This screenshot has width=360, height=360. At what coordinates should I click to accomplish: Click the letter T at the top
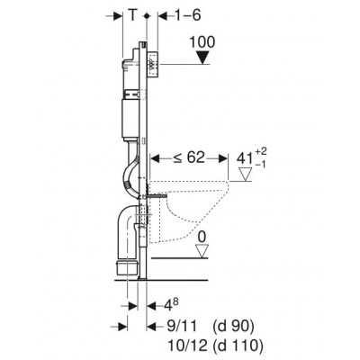tap(132, 15)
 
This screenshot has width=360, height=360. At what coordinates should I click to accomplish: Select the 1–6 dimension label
tap(187, 15)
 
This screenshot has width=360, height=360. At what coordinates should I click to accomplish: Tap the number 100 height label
tap(202, 42)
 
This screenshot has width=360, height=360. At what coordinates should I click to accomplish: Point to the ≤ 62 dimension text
tap(188, 157)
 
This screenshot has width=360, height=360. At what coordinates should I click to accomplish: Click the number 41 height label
tap(245, 158)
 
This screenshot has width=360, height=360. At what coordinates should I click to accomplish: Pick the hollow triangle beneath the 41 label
tap(246, 175)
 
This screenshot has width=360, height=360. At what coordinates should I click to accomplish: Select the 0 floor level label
tap(202, 238)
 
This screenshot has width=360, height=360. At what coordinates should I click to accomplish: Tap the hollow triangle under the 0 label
tap(202, 251)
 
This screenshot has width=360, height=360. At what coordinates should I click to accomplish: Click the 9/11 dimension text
tap(182, 327)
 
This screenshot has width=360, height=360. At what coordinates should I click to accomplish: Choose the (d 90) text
tap(234, 327)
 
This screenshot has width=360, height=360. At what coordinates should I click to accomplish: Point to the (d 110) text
tap(238, 346)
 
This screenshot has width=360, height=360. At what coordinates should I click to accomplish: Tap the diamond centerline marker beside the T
tap(147, 15)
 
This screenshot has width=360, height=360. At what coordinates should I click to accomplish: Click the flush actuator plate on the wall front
tap(153, 66)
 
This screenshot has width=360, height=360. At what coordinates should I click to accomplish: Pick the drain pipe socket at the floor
tap(128, 267)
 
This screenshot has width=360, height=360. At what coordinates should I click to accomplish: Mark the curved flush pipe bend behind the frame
tap(130, 177)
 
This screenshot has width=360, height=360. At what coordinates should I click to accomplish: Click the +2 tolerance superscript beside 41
tap(261, 152)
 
